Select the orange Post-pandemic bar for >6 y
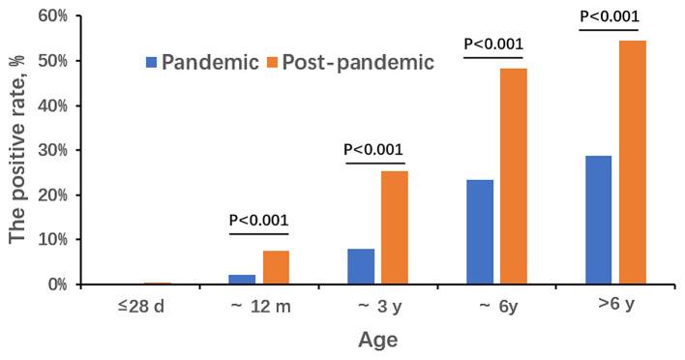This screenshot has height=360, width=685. tap(633, 163)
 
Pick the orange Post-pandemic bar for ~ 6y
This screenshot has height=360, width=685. tap(514, 176)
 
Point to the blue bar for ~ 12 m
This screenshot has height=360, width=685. tap(242, 279)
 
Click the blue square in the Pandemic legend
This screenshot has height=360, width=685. tap(151, 62)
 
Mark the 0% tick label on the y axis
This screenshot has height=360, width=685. tap(56, 285)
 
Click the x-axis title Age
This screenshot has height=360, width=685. tap(378, 341)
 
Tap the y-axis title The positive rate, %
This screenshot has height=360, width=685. tap(17, 150)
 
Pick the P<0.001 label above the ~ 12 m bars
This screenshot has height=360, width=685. tap(258, 220)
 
